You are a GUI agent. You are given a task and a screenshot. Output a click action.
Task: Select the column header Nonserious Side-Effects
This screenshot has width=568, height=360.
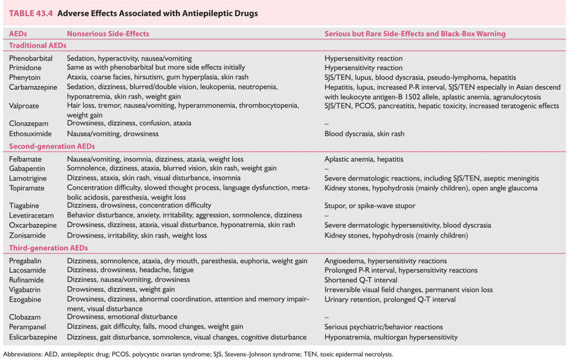pos(108,33)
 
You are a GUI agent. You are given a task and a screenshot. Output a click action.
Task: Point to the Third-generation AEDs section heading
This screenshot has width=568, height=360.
pos(49,248)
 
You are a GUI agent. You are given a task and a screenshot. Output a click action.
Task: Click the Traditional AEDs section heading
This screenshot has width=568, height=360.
pos(38,45)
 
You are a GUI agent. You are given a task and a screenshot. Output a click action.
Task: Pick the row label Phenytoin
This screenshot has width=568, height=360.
pos(25,77)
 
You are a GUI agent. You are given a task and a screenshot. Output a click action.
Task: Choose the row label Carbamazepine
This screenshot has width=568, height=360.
pos(31,87)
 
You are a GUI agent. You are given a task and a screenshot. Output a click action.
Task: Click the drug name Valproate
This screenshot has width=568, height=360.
pos(24,106)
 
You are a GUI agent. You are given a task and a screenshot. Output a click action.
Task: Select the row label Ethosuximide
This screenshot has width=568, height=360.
pos(30,134)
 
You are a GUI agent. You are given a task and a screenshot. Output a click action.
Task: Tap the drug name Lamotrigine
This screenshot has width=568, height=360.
pos(27,178)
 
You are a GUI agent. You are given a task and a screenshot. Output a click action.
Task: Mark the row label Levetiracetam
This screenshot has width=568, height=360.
pos(31,215)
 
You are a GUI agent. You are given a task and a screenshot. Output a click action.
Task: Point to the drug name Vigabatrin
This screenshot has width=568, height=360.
pos(26,289)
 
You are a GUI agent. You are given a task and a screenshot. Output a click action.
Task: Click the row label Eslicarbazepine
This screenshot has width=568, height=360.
pos(33,337)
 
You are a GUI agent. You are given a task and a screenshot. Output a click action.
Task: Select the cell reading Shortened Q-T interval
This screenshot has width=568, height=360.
pos(361,280)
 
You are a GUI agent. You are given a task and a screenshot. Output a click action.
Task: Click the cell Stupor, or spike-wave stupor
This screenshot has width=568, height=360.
pos(370,206)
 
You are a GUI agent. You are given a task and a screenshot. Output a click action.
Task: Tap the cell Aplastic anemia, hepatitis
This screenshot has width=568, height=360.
pos(364,159)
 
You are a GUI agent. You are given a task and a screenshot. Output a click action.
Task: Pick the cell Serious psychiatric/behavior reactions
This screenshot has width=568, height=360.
pos(384,327)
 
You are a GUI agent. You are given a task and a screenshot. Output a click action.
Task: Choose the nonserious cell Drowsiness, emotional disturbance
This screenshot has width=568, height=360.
pos(122,316)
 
